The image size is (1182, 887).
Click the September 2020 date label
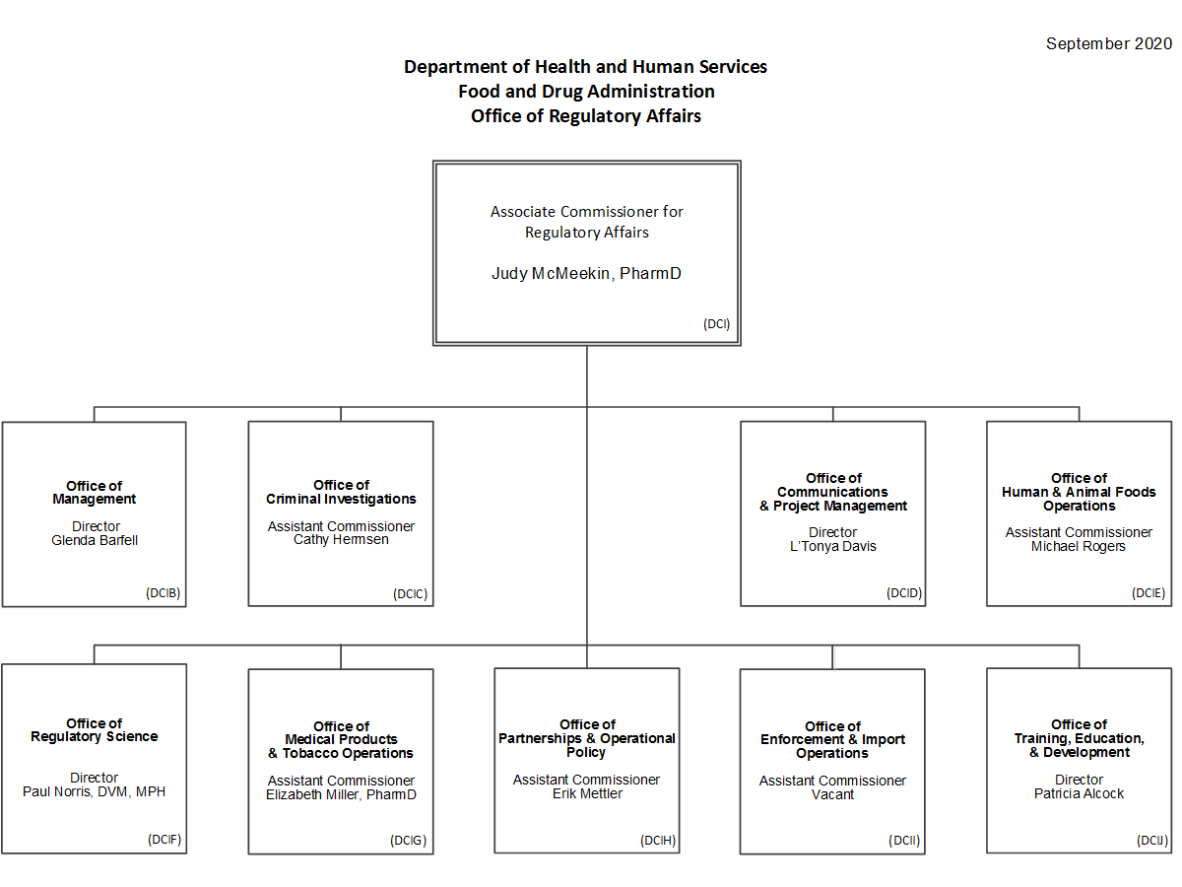tap(1108, 43)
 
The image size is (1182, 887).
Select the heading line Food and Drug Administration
tap(586, 92)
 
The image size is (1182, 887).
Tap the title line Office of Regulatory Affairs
tap(586, 116)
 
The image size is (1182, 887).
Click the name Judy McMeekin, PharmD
tap(586, 274)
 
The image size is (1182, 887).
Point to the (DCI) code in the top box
tap(716, 323)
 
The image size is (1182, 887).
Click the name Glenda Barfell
tap(95, 540)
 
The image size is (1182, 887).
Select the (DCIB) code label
tap(163, 593)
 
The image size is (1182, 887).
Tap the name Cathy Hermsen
tap(341, 539)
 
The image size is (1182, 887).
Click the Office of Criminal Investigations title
tap(341, 492)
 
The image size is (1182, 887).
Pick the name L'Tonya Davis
tap(833, 546)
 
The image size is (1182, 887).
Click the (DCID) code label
tap(904, 593)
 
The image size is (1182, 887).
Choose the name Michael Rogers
tap(1079, 546)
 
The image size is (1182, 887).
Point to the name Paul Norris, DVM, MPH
tap(94, 791)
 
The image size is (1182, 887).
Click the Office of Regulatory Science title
tap(95, 729)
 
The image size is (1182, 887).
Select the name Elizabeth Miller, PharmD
tap(341, 794)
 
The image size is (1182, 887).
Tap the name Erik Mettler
tap(587, 793)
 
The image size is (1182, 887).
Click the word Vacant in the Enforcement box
tap(832, 794)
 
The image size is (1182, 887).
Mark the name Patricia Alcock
tap(1080, 793)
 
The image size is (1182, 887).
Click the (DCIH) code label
tap(658, 840)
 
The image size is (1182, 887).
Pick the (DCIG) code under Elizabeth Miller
tap(408, 840)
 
